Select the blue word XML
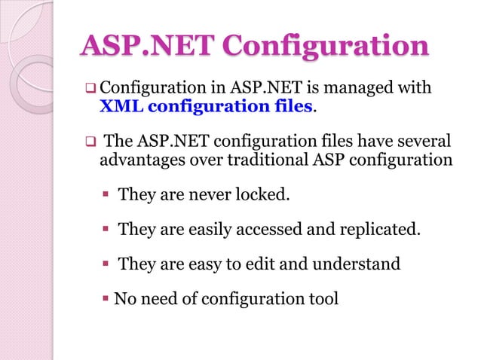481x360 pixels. tap(121, 106)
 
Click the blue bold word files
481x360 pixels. tap(291, 106)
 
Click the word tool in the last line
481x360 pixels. tap(323, 299)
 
